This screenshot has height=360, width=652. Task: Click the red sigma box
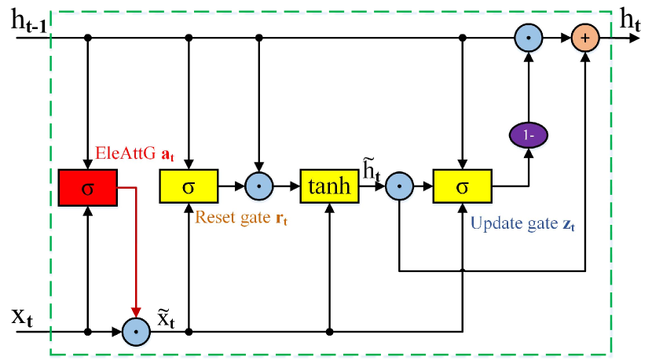pos(88,188)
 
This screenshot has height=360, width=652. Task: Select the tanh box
pos(329,186)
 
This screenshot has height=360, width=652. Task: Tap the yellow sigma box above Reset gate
pos(189,186)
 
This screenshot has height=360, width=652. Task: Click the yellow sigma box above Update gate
pos(463,186)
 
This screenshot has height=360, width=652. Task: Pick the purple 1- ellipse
pos(529,135)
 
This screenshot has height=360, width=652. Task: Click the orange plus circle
pos(585,38)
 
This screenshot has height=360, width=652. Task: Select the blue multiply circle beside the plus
pos(529,38)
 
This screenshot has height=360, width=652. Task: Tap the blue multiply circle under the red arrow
pos(136,332)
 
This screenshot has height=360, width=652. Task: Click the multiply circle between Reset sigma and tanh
pos(259,186)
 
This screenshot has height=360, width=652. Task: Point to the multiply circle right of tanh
pos(399,186)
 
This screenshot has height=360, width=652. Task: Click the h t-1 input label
pos(29,22)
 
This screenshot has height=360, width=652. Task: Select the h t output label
pos(630,20)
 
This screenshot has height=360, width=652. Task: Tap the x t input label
pos(22,318)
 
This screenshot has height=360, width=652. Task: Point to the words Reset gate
pos(233,217)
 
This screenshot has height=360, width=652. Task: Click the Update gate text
pos(514,223)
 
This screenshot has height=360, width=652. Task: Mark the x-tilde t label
pos(166,318)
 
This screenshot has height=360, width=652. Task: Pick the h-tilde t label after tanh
pos(372,171)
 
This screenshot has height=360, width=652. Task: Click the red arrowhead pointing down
pos(136,312)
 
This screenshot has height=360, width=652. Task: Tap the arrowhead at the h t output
pos(635,38)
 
